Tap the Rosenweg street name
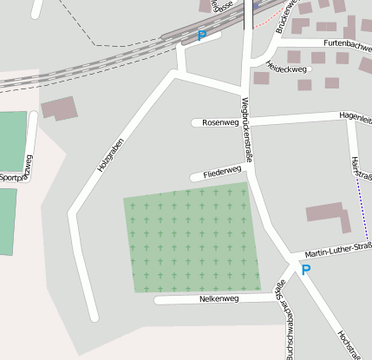219,123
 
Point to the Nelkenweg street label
219,298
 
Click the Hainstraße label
362,168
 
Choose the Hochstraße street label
349,343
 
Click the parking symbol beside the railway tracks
202,36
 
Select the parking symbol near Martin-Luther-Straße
305,270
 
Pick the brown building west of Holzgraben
59,108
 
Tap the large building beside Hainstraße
326,213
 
